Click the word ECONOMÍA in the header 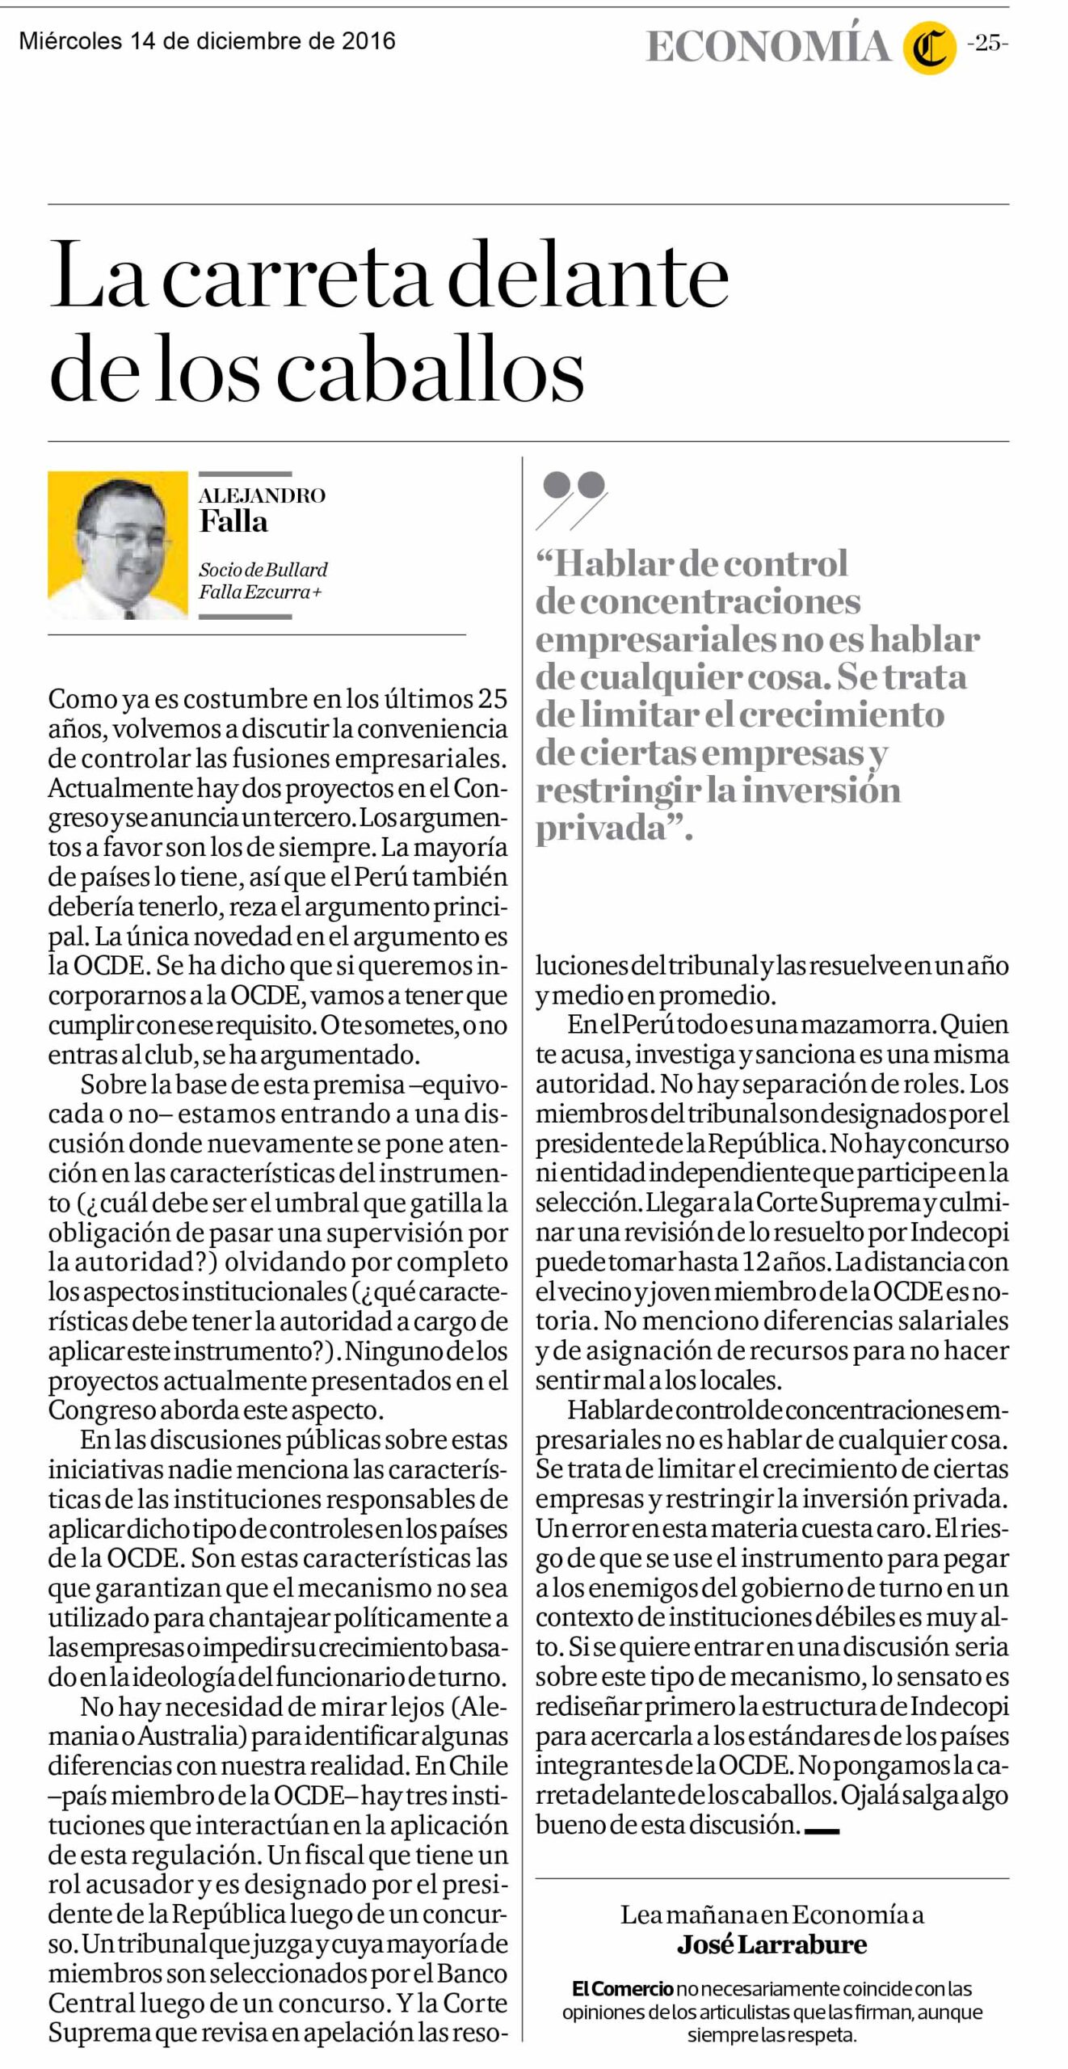click(767, 47)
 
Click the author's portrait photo click(118, 546)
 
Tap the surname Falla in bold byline click(233, 522)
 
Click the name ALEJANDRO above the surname click(262, 495)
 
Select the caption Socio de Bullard click(263, 569)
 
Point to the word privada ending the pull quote click(603, 828)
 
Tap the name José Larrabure click(772, 1943)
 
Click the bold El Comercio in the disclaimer click(623, 1988)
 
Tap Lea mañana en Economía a click(772, 1914)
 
